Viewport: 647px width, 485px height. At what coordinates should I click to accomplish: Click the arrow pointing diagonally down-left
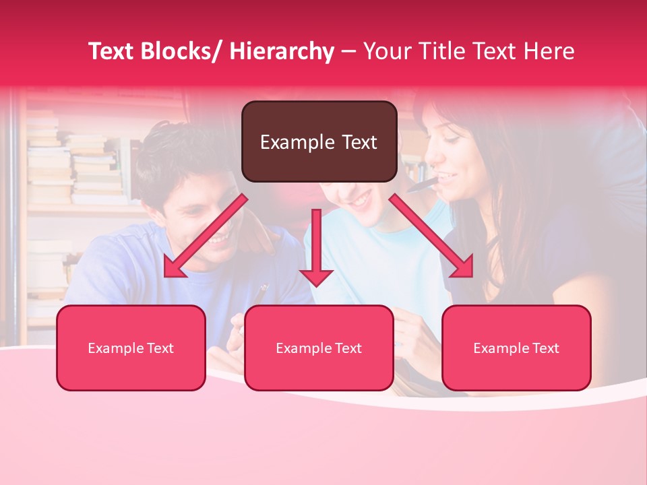pyautogui.click(x=204, y=236)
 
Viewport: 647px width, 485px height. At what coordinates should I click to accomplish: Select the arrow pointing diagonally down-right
pyautogui.click(x=431, y=236)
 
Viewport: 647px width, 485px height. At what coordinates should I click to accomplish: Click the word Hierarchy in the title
pyautogui.click(x=281, y=52)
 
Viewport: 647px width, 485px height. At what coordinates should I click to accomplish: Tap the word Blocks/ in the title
pyautogui.click(x=178, y=52)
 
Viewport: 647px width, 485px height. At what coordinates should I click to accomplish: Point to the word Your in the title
pyautogui.click(x=387, y=52)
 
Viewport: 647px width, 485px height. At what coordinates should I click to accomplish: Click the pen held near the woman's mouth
pyautogui.click(x=422, y=183)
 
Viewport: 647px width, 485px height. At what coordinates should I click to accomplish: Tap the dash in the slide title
pyautogui.click(x=348, y=52)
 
